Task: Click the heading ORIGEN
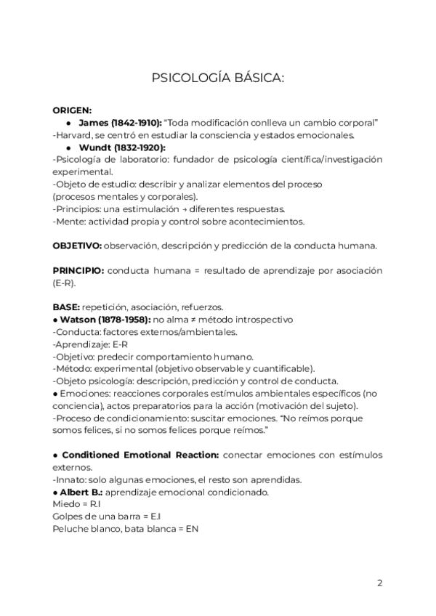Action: [x=72, y=110]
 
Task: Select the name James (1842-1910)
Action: [x=120, y=123]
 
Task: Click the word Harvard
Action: [x=76, y=134]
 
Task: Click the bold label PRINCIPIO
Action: [x=78, y=270]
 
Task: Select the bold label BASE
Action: [x=66, y=307]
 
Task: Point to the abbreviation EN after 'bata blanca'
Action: [x=192, y=528]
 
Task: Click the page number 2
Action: [x=380, y=583]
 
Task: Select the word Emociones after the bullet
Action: [x=81, y=393]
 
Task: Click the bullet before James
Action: [x=68, y=123]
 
